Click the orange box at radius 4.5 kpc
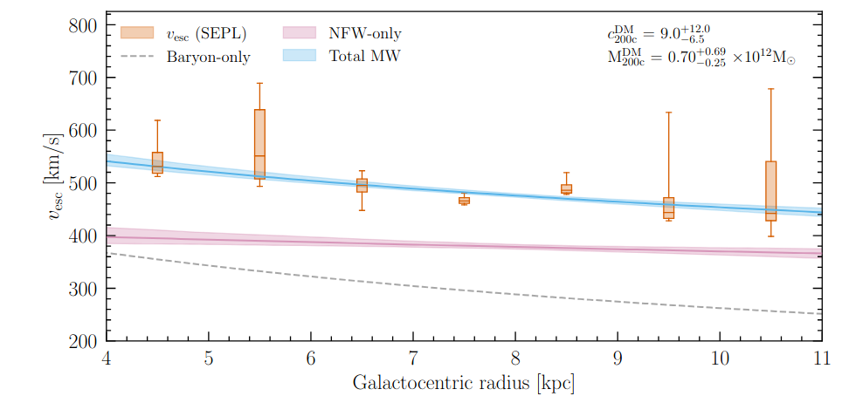(x=157, y=162)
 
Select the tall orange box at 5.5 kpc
(x=259, y=144)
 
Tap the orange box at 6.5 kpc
(x=362, y=185)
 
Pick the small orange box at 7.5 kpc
(x=464, y=201)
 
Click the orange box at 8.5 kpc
(x=566, y=189)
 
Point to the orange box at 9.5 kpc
(x=668, y=208)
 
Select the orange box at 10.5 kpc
(x=770, y=190)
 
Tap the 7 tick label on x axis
(x=413, y=359)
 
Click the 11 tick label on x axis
(x=821, y=359)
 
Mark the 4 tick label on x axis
(x=107, y=359)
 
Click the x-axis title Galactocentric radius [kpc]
(x=463, y=383)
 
